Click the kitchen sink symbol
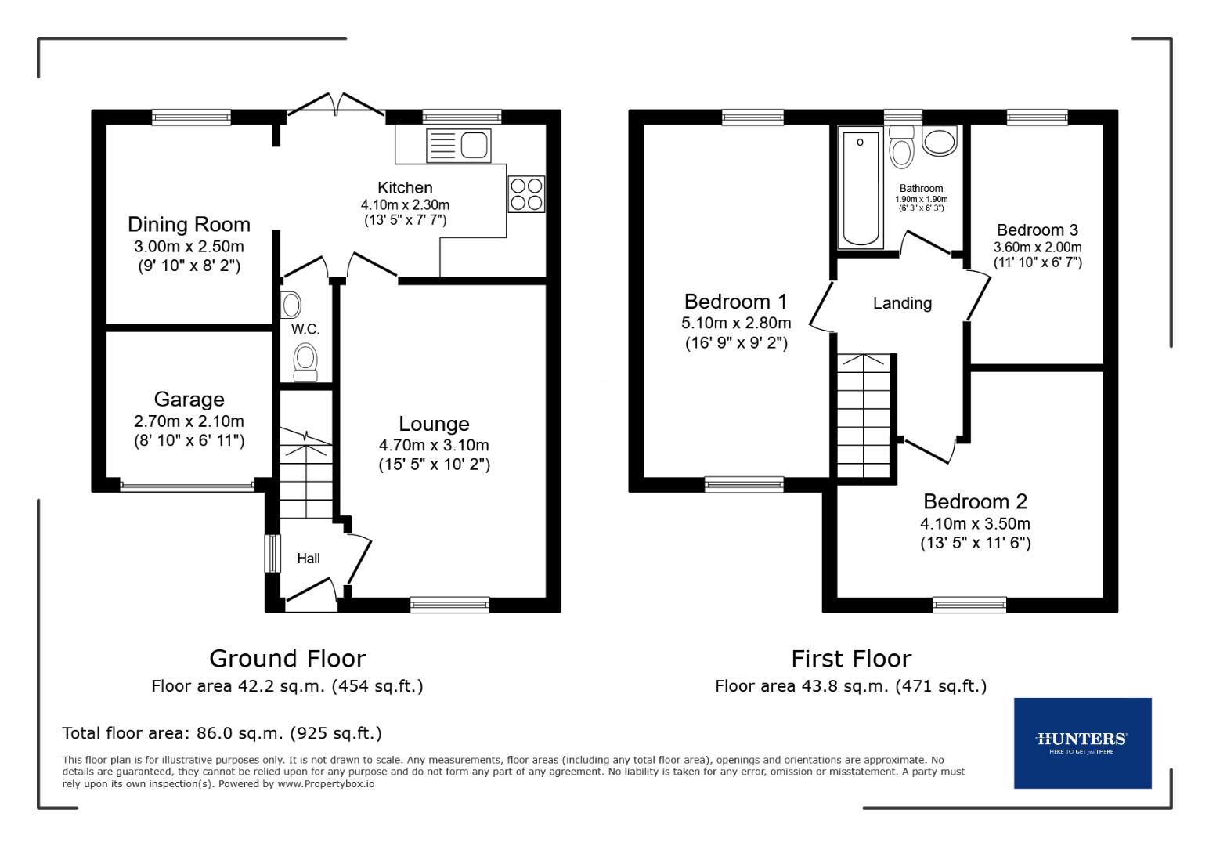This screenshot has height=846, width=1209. [x=458, y=146]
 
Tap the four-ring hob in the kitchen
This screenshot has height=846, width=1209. [x=526, y=194]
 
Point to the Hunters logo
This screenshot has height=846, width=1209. [x=1082, y=742]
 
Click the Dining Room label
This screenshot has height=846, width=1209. [x=189, y=225]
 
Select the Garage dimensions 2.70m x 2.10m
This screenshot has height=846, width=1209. [x=189, y=421]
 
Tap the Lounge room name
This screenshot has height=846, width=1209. [x=434, y=424]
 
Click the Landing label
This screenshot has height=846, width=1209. [x=902, y=303]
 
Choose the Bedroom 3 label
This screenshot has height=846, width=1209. [x=1037, y=230]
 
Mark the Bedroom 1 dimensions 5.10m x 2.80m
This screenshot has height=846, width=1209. [x=736, y=323]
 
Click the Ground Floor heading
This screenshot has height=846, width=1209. [x=287, y=658]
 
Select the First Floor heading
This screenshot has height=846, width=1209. [x=850, y=658]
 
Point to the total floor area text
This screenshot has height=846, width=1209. [x=222, y=733]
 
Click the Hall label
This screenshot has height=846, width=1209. [x=308, y=559]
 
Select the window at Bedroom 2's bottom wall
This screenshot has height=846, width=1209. [x=969, y=604]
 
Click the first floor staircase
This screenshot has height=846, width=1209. [x=864, y=415]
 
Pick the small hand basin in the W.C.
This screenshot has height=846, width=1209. [x=291, y=304]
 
